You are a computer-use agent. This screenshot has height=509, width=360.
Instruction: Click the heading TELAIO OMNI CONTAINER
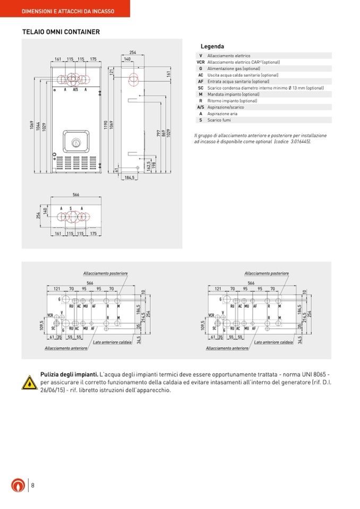pyautogui.click(x=61, y=32)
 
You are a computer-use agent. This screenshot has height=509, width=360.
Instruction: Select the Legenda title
pyautogui.click(x=212, y=47)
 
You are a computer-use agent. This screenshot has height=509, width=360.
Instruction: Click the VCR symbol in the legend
pyautogui.click(x=200, y=62)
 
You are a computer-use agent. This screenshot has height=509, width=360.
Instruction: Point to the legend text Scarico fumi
pyautogui.click(x=219, y=120)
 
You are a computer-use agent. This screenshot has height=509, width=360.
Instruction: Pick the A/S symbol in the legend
pyautogui.click(x=200, y=107)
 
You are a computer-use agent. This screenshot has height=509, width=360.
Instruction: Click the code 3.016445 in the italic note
pyautogui.click(x=300, y=142)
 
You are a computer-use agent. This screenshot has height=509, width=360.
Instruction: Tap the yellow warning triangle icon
pyautogui.click(x=29, y=382)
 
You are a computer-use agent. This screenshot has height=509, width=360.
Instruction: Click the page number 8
pyautogui.click(x=33, y=485)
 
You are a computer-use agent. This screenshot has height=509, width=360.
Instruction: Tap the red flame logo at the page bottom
pyautogui.click(x=18, y=485)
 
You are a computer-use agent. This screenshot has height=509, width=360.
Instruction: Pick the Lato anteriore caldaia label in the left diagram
pyautogui.click(x=112, y=342)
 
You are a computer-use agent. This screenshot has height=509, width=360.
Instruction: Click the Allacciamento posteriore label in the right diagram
pyautogui.click(x=267, y=273)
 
